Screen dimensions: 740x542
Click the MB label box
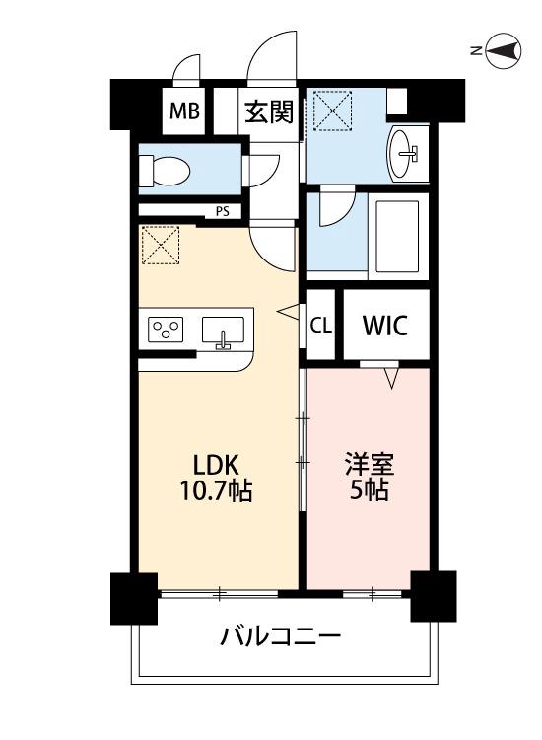183,111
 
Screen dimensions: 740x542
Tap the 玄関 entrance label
269,111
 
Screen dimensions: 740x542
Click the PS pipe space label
223,210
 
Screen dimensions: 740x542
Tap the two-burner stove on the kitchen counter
168,330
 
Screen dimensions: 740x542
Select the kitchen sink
225,331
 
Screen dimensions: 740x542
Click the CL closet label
320,325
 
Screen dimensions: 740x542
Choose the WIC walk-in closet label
384,325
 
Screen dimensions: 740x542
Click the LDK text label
216,463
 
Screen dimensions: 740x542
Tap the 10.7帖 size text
216,490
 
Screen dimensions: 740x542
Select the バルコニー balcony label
281,635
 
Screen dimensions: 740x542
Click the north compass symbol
502,52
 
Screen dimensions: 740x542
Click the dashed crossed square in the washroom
332,110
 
